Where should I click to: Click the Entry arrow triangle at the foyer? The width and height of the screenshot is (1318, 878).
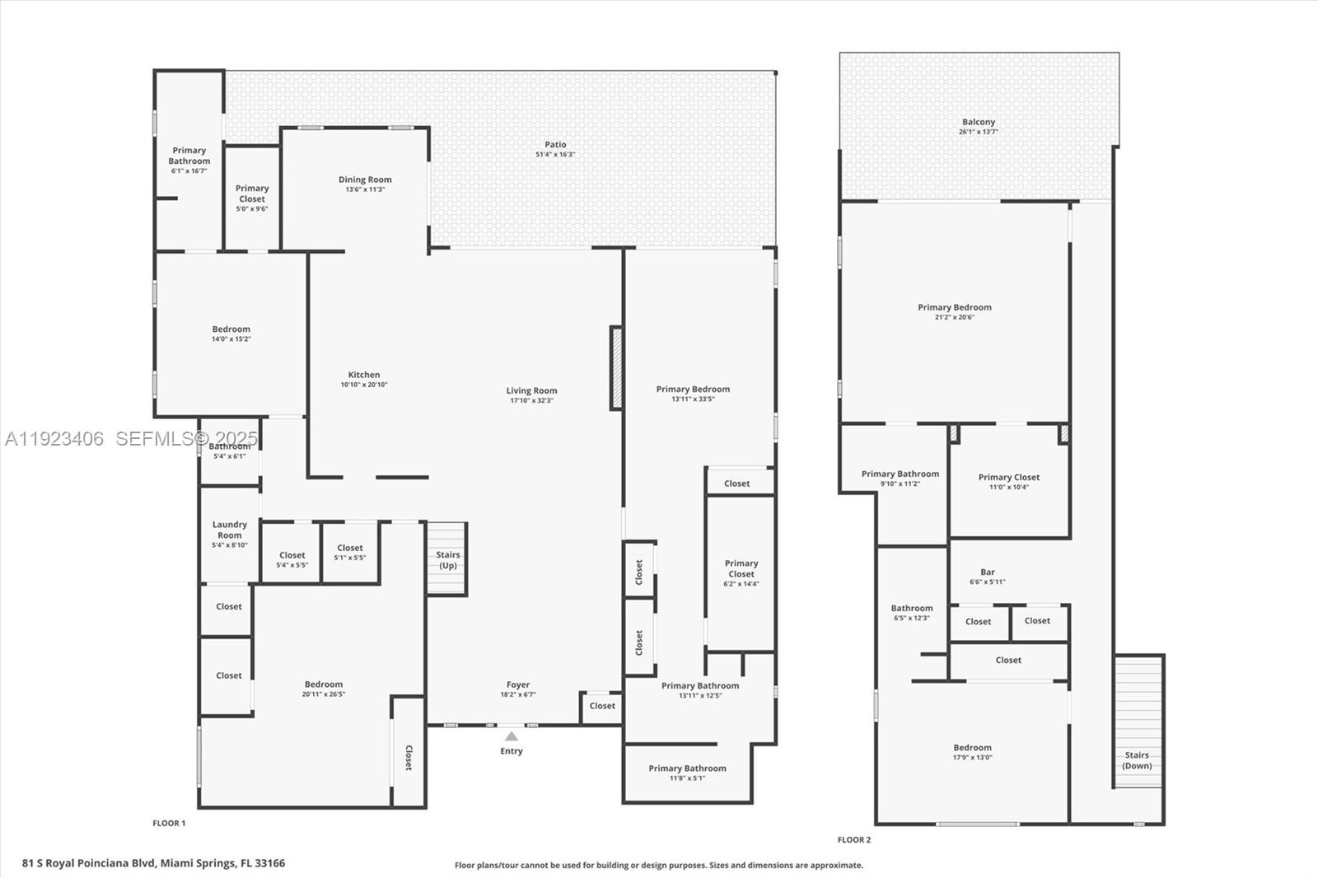512,736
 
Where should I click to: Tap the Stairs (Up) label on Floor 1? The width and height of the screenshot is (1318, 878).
448,560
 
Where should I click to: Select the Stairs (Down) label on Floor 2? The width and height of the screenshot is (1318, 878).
1137,760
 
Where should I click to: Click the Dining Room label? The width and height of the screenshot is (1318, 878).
365,180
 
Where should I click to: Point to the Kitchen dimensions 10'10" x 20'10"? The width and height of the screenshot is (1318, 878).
364,385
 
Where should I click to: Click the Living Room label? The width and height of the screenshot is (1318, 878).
531,390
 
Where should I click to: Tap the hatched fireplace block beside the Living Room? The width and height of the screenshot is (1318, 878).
615,368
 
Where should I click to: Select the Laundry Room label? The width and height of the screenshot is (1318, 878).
229,530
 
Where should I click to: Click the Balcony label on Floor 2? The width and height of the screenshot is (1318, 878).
979,122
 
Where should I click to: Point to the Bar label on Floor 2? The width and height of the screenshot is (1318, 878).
988,572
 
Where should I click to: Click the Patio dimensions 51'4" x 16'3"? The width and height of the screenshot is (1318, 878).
555,155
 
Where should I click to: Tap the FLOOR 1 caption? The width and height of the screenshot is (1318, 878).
169,823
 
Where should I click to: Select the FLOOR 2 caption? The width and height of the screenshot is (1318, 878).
853,839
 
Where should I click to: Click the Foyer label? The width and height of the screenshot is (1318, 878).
518,684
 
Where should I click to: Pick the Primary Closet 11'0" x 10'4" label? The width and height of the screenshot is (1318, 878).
1008,477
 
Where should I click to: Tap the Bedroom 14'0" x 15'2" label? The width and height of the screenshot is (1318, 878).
231,329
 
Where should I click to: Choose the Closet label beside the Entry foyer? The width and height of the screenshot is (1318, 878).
602,706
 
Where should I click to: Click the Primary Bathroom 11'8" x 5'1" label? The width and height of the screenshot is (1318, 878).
687,768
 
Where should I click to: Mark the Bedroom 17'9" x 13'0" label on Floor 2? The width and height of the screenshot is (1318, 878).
972,748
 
